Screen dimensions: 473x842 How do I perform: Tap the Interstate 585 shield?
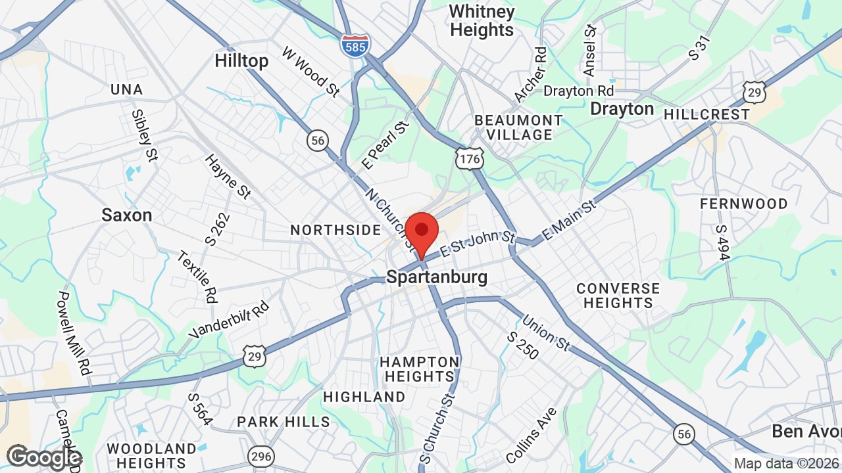[355, 45]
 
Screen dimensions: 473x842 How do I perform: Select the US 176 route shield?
[470, 158]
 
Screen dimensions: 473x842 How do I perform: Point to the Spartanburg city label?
[437, 277]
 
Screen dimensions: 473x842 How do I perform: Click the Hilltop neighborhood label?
[241, 61]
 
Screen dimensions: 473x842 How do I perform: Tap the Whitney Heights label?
[482, 21]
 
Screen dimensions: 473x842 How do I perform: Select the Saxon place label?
[127, 215]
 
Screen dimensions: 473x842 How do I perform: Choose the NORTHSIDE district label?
[335, 230]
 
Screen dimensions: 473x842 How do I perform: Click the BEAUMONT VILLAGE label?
[518, 127]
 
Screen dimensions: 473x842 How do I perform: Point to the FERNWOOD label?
[743, 204]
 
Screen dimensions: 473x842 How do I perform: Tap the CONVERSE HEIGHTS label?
[618, 296]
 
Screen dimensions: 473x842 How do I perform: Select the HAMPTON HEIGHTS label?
[420, 369]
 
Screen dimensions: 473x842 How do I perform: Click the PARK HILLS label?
[284, 422]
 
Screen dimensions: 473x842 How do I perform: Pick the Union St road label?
[546, 332]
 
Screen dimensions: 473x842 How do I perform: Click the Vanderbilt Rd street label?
[229, 320]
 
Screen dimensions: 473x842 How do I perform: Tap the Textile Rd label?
[197, 277]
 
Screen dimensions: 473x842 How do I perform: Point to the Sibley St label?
[145, 135]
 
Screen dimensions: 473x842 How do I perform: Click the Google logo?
[43, 457]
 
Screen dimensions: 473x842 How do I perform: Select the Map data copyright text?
[786, 464]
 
